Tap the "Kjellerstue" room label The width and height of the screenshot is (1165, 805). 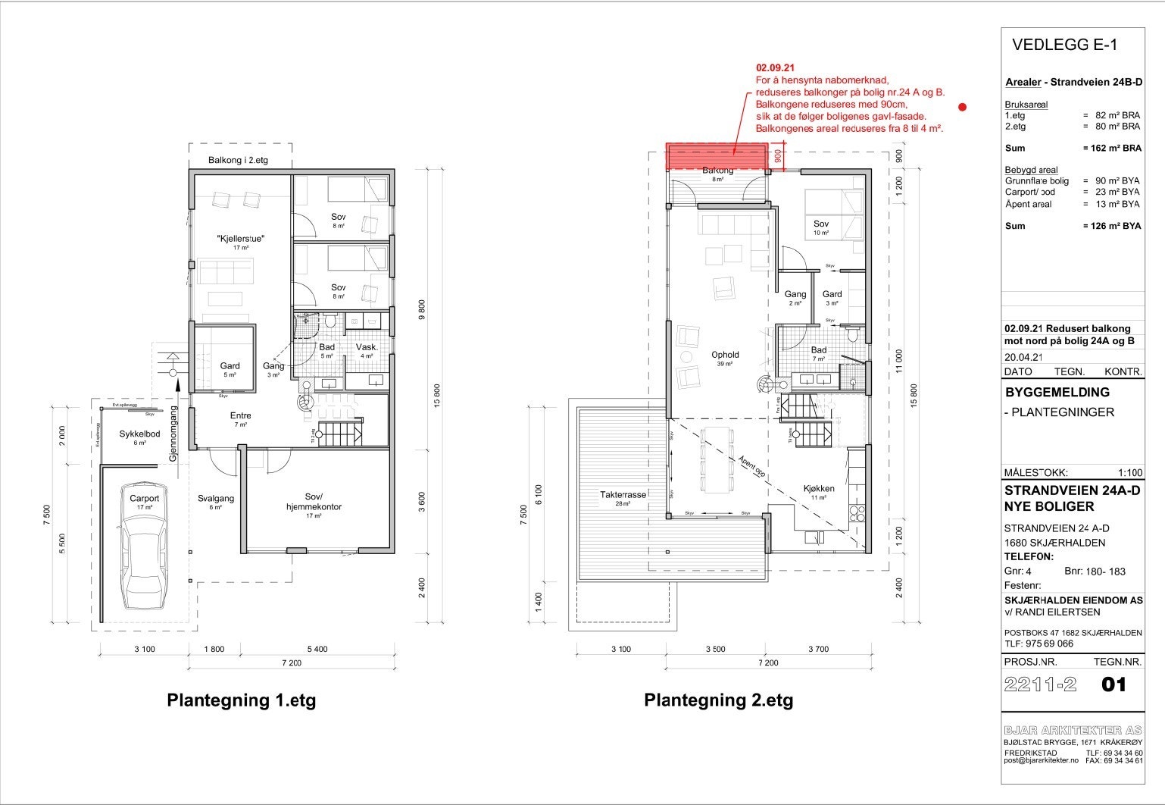pyautogui.click(x=240, y=239)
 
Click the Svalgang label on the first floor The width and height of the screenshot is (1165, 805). pyautogui.click(x=216, y=499)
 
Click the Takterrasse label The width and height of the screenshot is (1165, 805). pyautogui.click(x=623, y=495)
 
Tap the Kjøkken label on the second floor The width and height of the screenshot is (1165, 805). pyautogui.click(x=819, y=489)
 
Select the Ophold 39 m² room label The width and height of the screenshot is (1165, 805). pyautogui.click(x=725, y=355)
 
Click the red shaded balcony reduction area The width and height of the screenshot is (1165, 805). pyautogui.click(x=716, y=155)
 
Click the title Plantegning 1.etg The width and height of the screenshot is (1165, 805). pyautogui.click(x=241, y=700)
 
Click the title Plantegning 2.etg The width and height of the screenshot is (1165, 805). pyautogui.click(x=718, y=700)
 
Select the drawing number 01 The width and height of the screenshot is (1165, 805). pyautogui.click(x=1113, y=684)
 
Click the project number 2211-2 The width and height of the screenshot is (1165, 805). pyautogui.click(x=1039, y=684)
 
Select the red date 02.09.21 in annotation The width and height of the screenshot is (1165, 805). pyautogui.click(x=773, y=67)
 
